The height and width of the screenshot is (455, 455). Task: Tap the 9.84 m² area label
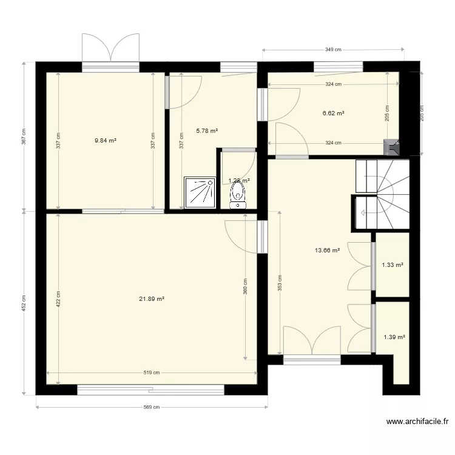(105, 140)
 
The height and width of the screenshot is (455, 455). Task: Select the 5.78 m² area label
(207, 130)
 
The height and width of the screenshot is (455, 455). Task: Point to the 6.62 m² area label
(333, 113)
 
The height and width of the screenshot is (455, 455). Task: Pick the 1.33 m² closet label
(393, 265)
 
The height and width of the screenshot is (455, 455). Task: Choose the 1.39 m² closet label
(394, 337)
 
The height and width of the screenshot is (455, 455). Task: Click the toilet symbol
(237, 195)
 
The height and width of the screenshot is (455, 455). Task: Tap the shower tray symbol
(200, 193)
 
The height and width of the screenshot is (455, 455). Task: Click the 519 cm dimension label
(152, 373)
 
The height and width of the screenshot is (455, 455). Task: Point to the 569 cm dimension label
(152, 408)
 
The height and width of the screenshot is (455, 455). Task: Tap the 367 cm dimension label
(24, 136)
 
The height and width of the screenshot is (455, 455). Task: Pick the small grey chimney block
(392, 146)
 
